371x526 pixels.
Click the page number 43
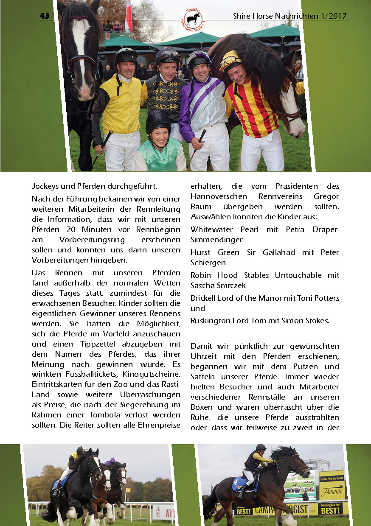click(45, 16)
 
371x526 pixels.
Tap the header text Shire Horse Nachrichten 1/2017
click(289, 16)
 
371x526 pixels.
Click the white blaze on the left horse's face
click(81, 47)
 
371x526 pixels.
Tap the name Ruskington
click(210, 321)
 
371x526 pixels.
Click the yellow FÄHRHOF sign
click(332, 492)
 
